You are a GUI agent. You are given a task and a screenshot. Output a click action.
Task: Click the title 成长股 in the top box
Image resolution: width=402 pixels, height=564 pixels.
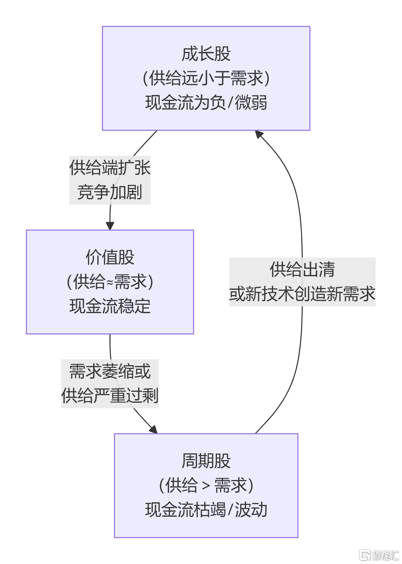coord(206,54)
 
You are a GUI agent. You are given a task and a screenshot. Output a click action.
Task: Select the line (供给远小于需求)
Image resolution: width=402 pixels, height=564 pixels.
coord(206,78)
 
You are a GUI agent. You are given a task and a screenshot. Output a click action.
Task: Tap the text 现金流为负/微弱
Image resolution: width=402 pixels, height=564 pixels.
coord(206,102)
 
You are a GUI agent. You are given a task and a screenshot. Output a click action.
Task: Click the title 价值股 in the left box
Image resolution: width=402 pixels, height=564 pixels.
coord(110,257)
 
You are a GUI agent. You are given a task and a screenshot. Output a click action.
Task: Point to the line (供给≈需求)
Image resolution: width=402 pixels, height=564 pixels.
coord(110,282)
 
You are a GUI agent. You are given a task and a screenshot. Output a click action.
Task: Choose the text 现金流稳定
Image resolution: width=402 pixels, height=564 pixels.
coord(110,306)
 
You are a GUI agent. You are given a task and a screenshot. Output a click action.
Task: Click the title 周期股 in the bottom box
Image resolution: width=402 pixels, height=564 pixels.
coord(206,461)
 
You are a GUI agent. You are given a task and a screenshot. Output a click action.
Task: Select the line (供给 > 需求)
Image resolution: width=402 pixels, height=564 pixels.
coord(206,485)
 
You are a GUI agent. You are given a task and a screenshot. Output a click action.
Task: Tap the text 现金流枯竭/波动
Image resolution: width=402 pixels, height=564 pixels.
coord(206,510)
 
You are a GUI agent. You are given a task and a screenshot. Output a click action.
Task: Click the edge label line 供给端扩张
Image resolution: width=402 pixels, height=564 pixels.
coord(110,168)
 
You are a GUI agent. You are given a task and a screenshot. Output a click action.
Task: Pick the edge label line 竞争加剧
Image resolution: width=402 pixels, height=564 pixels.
coord(110,192)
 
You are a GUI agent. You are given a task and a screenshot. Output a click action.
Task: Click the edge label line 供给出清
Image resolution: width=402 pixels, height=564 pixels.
coord(302,269)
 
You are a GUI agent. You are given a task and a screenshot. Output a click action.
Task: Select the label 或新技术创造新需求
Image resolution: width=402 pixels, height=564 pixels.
coord(302,294)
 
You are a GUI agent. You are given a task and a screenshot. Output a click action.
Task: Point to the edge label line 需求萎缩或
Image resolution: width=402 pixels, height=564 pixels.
coord(110,371)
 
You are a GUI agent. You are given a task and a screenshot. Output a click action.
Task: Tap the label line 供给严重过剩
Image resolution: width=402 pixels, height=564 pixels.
coord(110,396)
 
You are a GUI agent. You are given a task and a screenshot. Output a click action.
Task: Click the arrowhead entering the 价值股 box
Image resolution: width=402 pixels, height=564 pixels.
coord(110,226)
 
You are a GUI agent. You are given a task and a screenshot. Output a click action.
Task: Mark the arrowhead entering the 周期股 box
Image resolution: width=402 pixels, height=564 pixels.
coord(154,430)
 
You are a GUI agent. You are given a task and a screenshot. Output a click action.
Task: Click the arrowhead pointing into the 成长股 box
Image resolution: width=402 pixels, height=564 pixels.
coord(259,134)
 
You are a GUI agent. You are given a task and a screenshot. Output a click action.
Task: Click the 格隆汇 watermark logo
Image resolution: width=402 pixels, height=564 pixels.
coord(379,555)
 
